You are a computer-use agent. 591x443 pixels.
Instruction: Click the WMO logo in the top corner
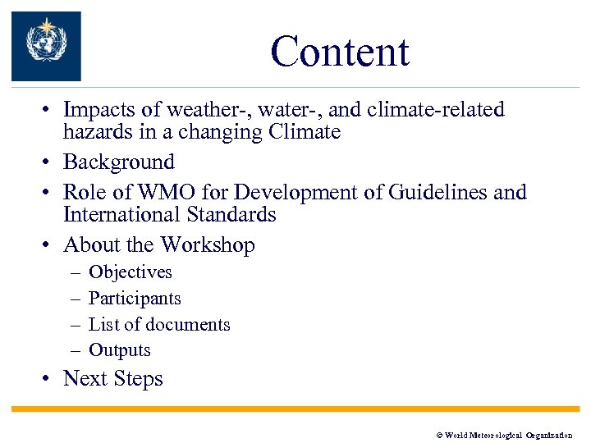pyautogui.click(x=46, y=46)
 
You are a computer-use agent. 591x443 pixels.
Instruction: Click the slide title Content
pyautogui.click(x=339, y=52)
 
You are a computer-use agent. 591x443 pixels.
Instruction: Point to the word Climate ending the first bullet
pyautogui.click(x=305, y=132)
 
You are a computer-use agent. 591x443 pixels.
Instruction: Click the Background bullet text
pyautogui.click(x=119, y=162)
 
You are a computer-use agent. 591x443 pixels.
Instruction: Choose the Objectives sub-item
pyautogui.click(x=130, y=272)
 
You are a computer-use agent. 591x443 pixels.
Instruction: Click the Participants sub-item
pyautogui.click(x=135, y=299)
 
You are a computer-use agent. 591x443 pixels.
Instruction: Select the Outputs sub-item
pyautogui.click(x=120, y=350)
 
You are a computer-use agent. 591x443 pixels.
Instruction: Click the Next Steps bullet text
pyautogui.click(x=113, y=379)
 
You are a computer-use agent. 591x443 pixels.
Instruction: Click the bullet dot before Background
pyautogui.click(x=49, y=162)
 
